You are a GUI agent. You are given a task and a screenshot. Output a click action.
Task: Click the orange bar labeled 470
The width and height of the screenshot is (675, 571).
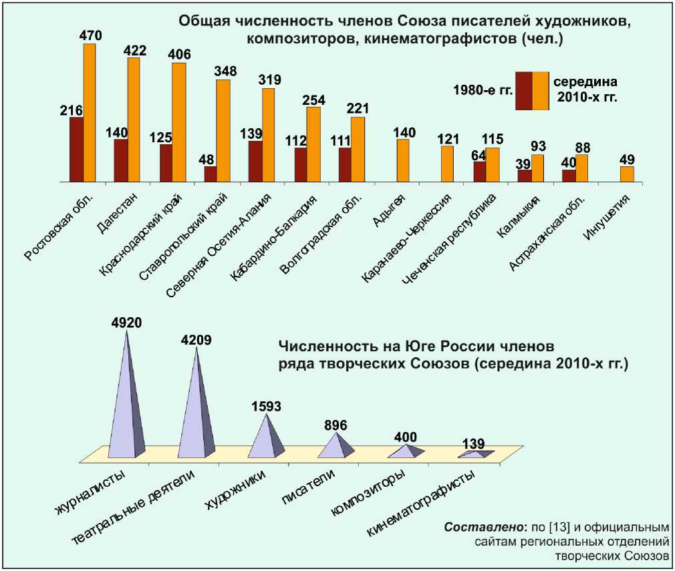pos(90,112)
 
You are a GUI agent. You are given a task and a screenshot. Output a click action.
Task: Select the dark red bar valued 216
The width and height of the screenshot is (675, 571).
pos(76,150)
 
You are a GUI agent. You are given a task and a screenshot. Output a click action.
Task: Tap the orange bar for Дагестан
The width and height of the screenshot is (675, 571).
pos(134,120)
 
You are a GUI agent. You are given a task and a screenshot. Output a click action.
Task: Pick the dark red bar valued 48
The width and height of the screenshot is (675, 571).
pos(210,174)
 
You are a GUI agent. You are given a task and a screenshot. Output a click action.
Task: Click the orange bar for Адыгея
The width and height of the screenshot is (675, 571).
pos(402,160)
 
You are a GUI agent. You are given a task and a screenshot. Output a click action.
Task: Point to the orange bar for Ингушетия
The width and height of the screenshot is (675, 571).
pos(627,174)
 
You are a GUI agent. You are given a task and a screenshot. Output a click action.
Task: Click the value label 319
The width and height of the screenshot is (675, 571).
pos(268,80)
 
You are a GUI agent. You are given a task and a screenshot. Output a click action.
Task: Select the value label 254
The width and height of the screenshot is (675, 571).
pos(313,100)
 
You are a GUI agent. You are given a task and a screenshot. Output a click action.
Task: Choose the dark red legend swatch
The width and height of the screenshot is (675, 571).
pos(523,91)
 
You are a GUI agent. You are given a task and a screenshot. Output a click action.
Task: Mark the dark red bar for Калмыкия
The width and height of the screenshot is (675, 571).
pos(525,176)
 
